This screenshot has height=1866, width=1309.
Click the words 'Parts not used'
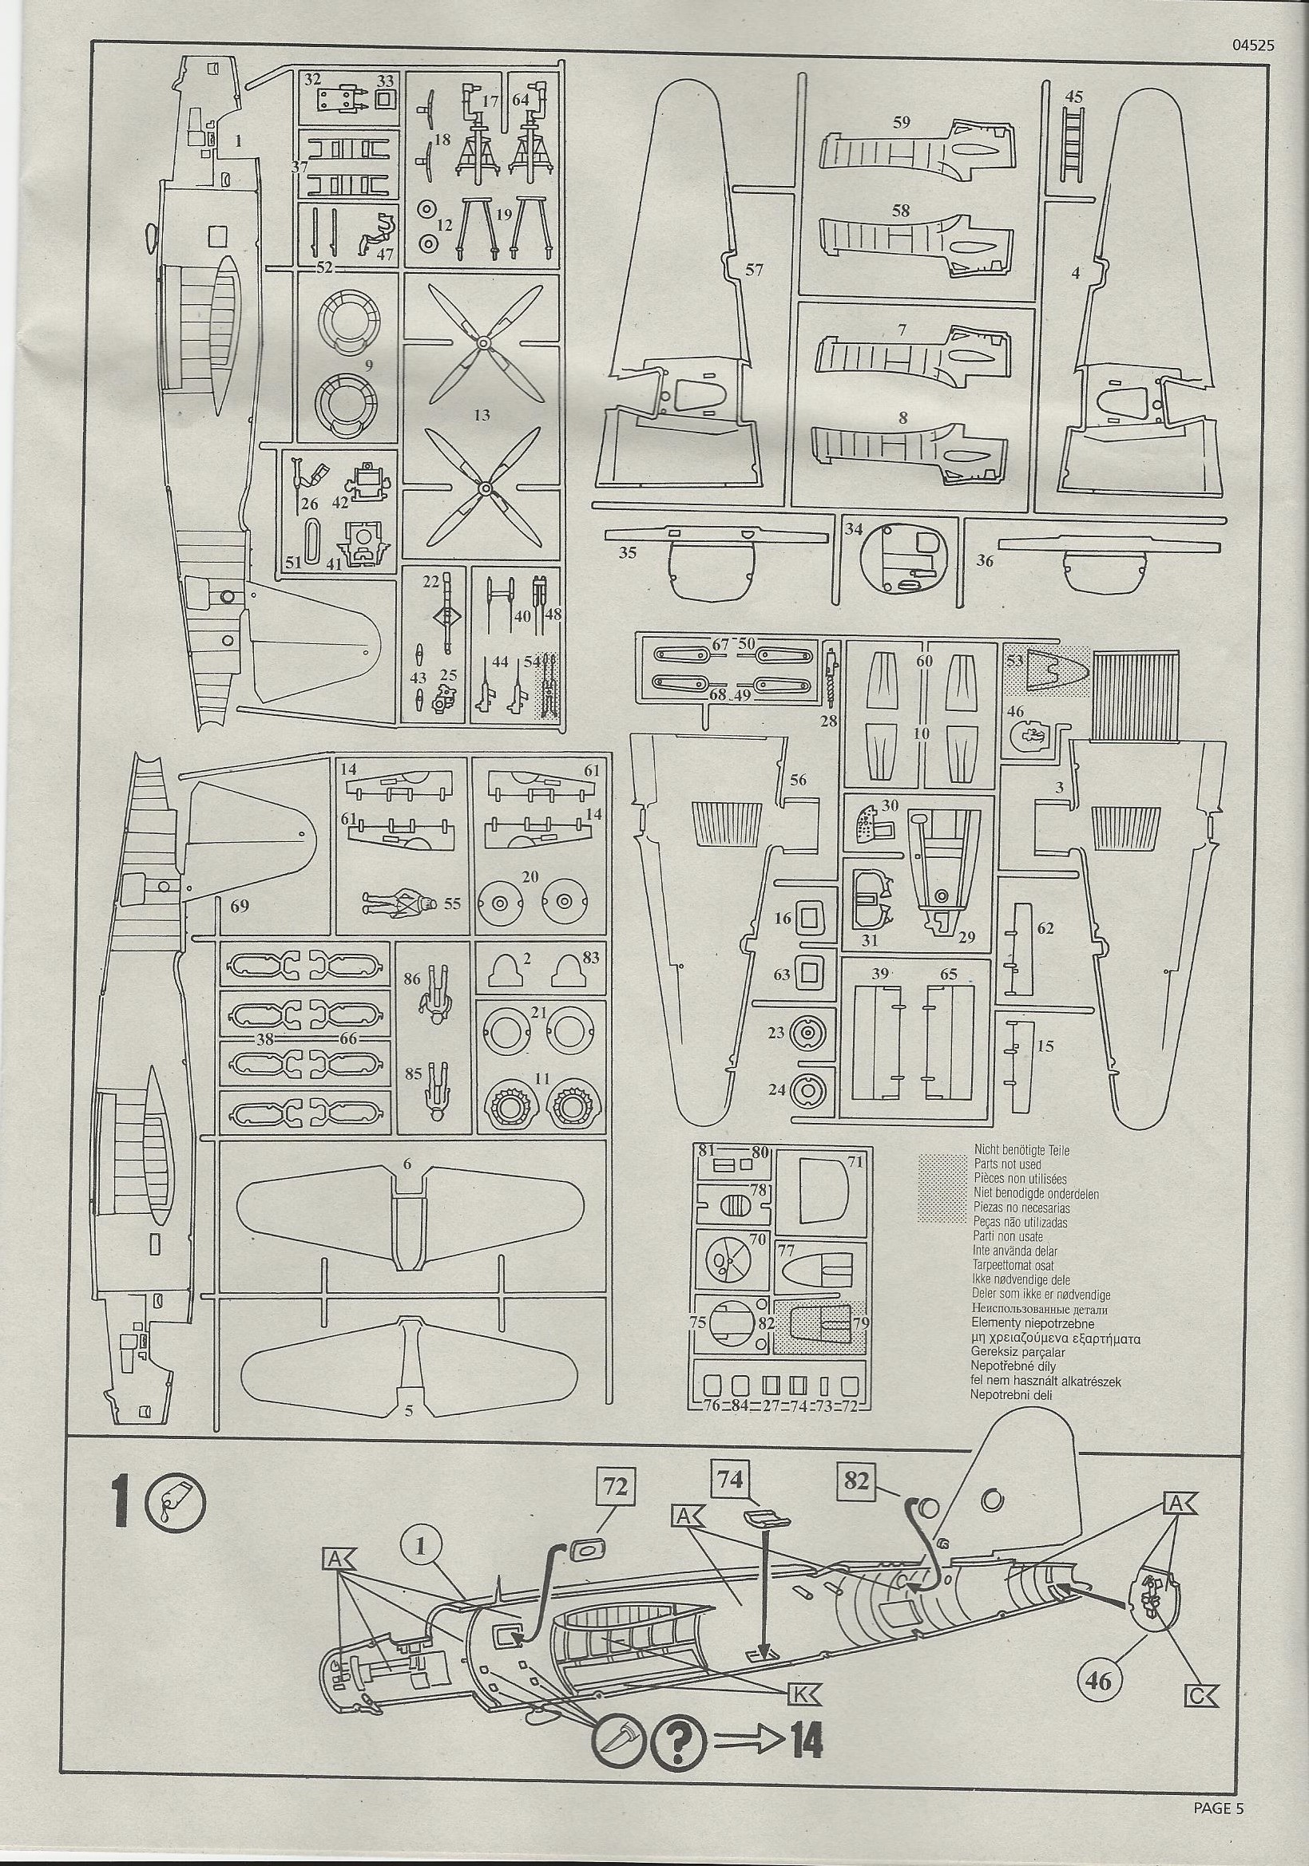[1006, 1164]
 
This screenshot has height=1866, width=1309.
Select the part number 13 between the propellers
[482, 415]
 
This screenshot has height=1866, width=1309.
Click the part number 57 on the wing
[754, 270]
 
